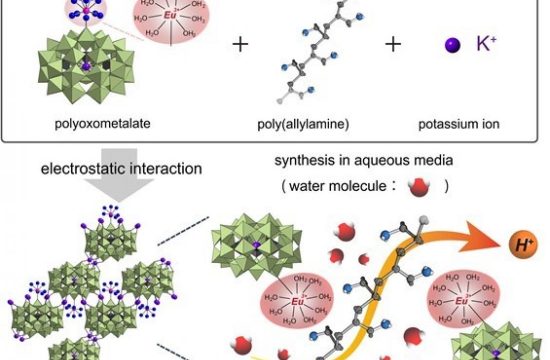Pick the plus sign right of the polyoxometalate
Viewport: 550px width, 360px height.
(240, 45)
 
